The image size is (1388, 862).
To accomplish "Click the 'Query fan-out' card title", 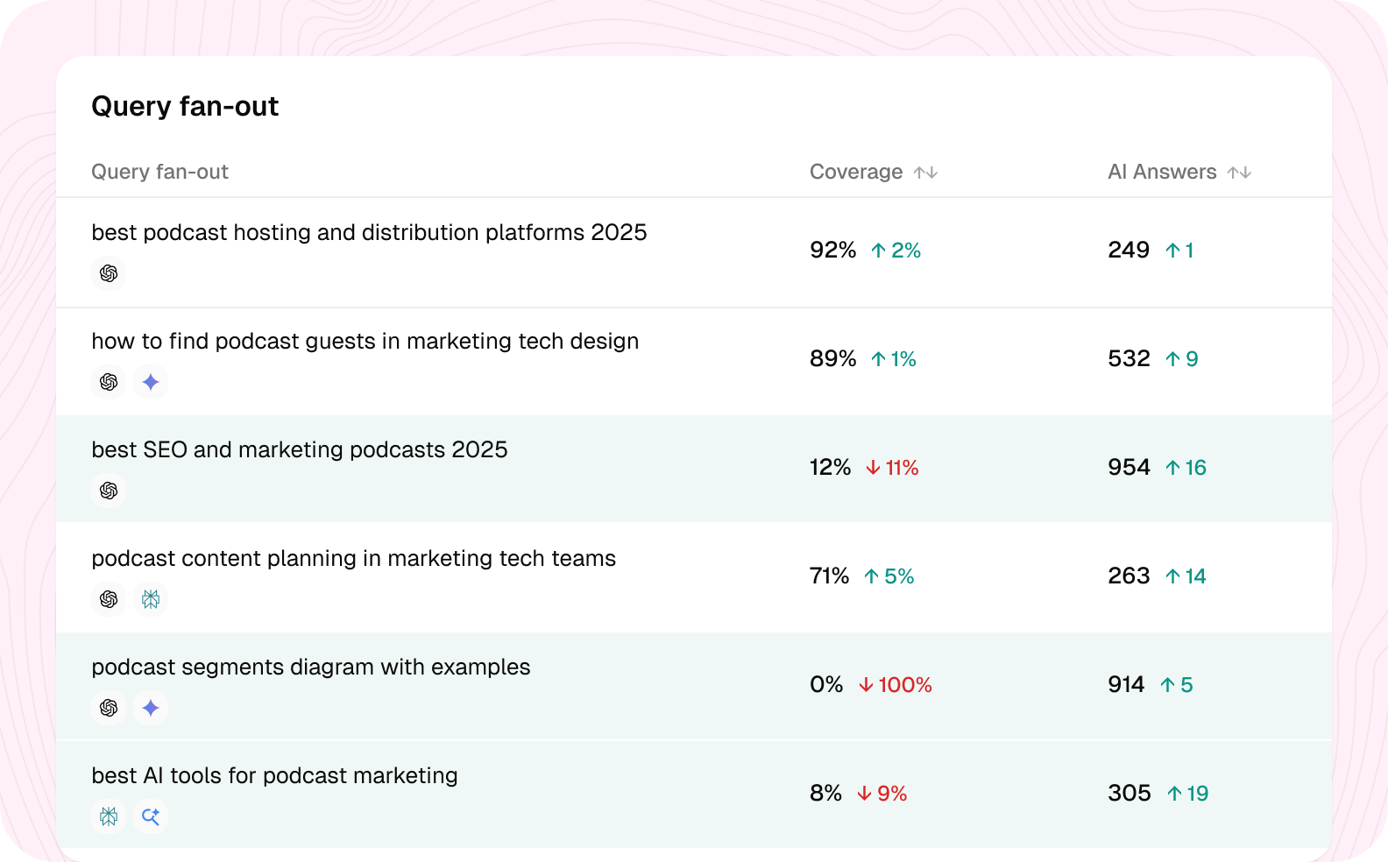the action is (x=185, y=106).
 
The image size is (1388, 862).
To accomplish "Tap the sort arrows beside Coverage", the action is (x=925, y=173).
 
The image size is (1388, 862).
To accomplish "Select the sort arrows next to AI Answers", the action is (x=1239, y=173).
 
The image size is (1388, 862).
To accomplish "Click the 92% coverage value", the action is (x=832, y=251).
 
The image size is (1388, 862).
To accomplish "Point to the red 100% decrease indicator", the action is (x=896, y=685).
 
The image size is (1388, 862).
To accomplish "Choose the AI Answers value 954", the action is (x=1129, y=468).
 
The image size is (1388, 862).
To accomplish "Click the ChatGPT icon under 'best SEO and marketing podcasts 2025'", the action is (x=109, y=491).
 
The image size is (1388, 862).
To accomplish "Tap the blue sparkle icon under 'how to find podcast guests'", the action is (x=151, y=382).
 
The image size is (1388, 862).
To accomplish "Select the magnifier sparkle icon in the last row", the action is (x=151, y=816).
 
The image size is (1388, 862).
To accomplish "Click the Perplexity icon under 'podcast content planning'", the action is (x=151, y=599).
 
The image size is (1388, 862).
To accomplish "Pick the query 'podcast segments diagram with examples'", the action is (x=310, y=667).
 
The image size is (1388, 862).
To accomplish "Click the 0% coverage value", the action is (x=826, y=685).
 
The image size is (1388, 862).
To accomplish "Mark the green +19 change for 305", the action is (x=1188, y=794).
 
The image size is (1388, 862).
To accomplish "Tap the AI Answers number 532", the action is (x=1129, y=358).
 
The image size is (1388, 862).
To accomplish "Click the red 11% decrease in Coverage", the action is (x=892, y=468).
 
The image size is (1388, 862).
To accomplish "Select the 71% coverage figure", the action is (x=829, y=576).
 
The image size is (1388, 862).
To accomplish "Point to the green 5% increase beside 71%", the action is (x=889, y=576).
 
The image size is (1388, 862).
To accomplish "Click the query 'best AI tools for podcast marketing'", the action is (x=274, y=775).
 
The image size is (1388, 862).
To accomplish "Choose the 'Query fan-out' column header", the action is (x=159, y=172).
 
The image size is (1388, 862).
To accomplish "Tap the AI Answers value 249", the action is (x=1129, y=251).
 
